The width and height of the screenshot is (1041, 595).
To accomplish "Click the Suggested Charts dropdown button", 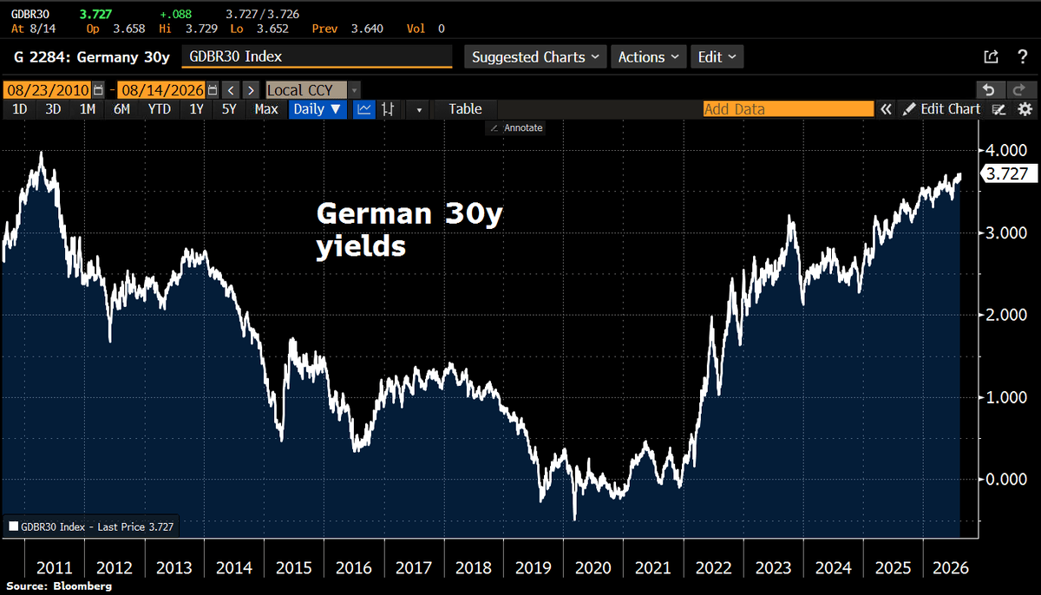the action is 535,57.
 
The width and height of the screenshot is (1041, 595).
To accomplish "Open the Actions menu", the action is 648,57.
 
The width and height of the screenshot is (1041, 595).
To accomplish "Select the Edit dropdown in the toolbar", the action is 717,57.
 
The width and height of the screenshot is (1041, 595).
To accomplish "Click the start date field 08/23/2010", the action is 48,89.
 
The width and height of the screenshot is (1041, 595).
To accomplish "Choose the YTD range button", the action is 160,109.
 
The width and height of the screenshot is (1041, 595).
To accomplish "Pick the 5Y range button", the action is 229,109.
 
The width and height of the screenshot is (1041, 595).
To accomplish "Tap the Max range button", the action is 266,109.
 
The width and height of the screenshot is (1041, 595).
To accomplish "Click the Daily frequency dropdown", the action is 318,109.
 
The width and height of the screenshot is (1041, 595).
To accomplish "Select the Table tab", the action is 465,109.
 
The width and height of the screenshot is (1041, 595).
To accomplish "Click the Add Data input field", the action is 789,109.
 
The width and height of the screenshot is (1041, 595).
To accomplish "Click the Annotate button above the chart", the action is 516,127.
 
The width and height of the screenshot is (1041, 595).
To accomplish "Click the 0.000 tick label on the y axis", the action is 1006,479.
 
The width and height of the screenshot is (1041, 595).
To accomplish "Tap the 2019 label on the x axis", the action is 533,567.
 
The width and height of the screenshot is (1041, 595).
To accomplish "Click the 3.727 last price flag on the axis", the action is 1008,173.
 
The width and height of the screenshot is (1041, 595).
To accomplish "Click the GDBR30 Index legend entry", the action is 91,526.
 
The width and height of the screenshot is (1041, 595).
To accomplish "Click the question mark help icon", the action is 1023,57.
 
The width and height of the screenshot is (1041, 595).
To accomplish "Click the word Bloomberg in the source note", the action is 82,586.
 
